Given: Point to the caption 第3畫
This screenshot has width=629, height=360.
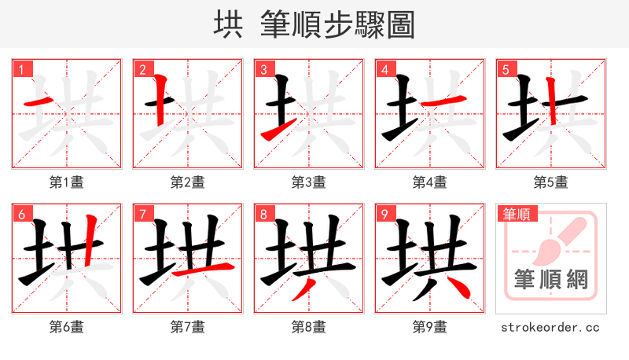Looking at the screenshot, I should click(x=308, y=182).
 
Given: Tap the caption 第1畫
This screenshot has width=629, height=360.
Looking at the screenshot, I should click(x=66, y=182).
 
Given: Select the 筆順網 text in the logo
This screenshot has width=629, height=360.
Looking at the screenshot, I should click(x=550, y=279).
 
